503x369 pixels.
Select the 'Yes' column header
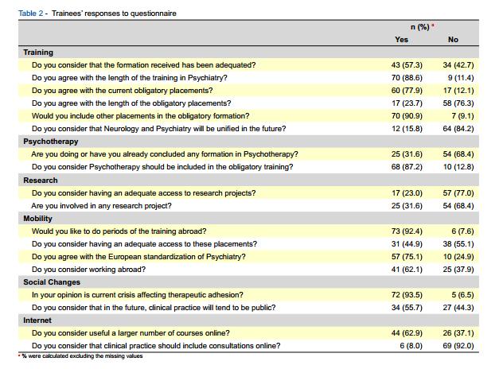coord(401,40)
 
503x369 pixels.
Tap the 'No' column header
coord(453,40)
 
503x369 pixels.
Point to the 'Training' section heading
coord(38,52)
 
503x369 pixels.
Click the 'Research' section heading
coord(40,180)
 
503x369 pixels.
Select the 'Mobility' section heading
coord(38,218)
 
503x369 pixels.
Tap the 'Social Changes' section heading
coord(51,282)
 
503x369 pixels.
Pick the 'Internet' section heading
coord(37,320)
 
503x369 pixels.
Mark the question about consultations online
coord(156,345)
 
